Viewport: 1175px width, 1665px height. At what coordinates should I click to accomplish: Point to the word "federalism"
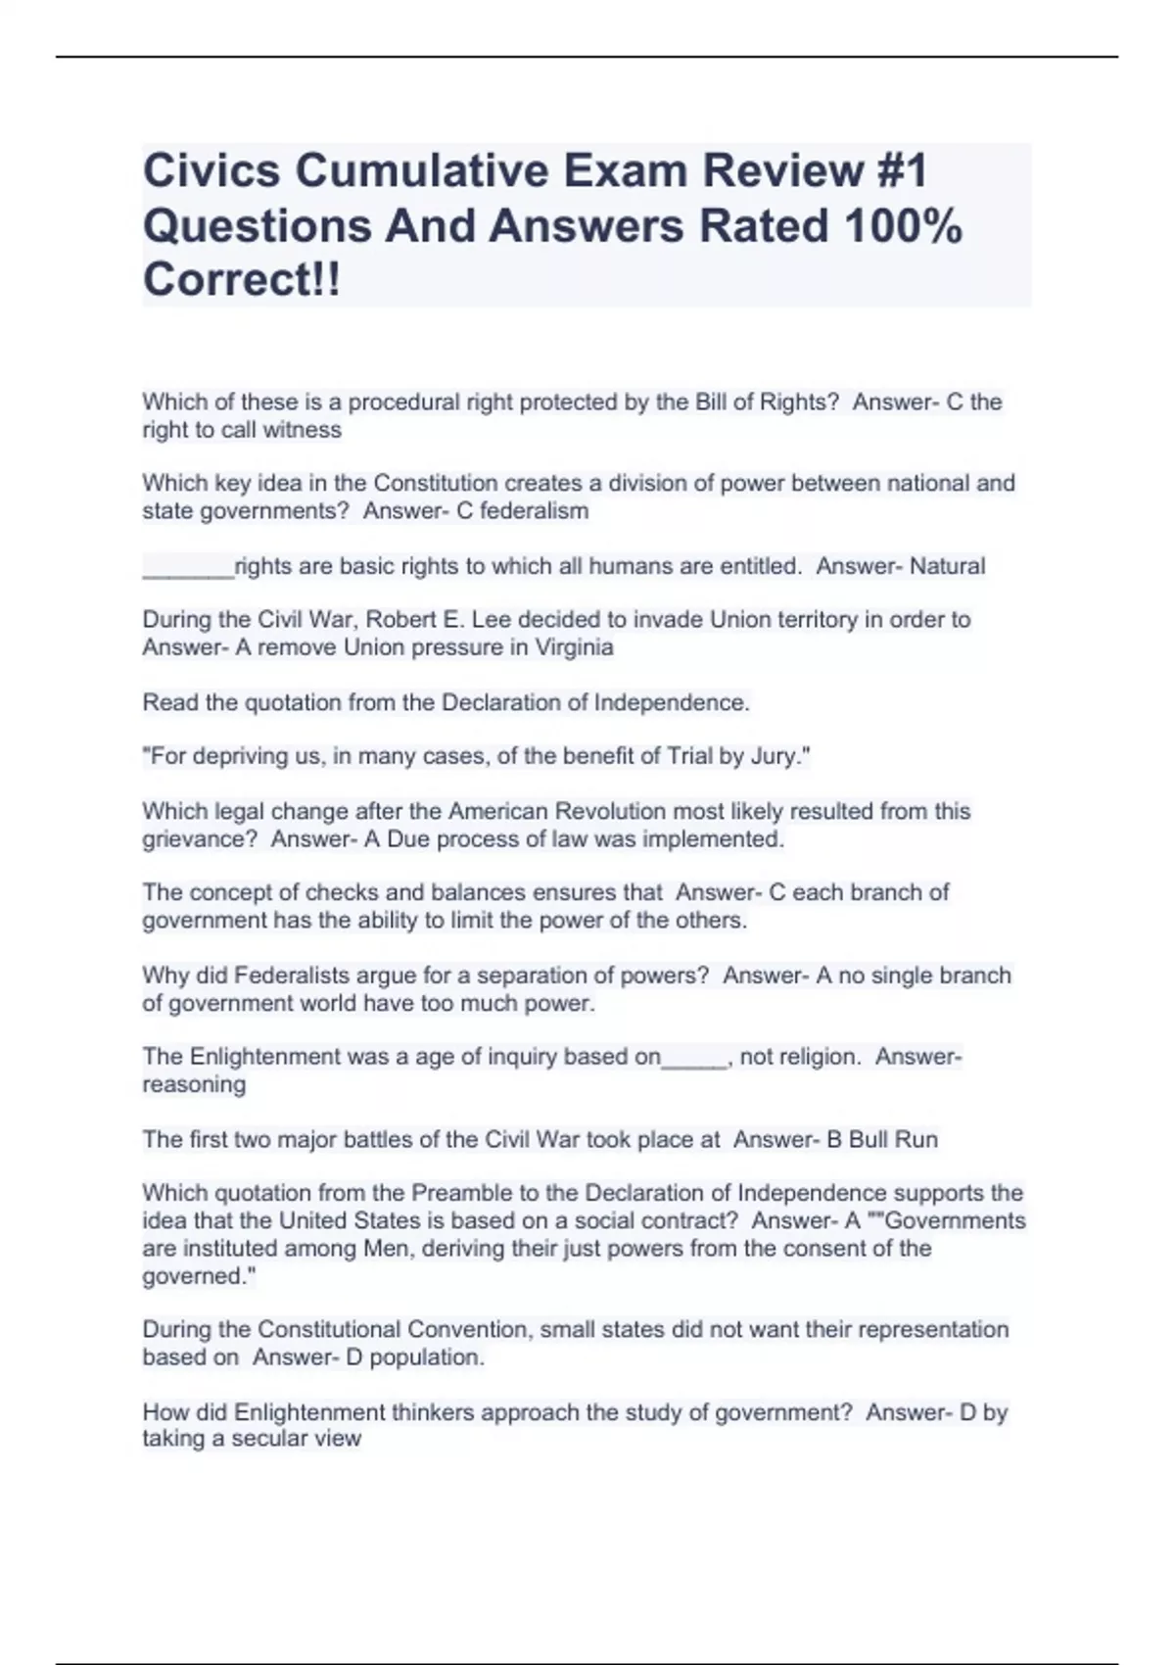534,511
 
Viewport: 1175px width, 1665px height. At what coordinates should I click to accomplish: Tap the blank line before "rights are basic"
188,568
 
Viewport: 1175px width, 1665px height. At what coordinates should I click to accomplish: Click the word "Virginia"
574,647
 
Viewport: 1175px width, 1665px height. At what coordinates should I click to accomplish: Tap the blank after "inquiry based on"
694,1059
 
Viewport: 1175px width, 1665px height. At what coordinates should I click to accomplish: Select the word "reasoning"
194,1084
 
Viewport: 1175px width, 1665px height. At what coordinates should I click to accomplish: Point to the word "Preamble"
458,1193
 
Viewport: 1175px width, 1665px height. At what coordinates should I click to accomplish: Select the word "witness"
302,430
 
